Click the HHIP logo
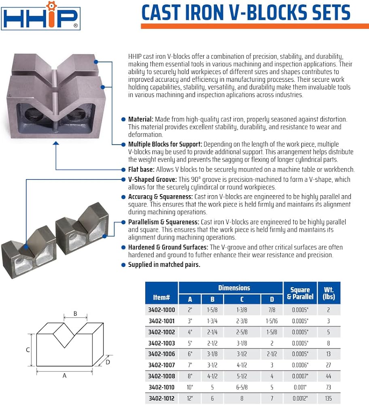(40, 16)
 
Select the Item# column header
(161, 297)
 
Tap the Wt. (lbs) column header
(329, 293)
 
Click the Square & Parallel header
(300, 293)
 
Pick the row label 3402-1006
(161, 354)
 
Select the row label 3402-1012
(161, 398)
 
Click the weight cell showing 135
(329, 398)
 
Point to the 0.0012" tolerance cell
(300, 398)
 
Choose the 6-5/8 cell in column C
(242, 387)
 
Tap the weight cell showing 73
(329, 387)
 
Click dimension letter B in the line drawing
(75, 313)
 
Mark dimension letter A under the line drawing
(64, 376)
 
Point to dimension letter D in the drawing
(108, 362)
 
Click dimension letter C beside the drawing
(28, 350)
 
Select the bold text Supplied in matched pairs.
(164, 265)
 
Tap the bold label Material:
(141, 119)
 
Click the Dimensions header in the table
(234, 288)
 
